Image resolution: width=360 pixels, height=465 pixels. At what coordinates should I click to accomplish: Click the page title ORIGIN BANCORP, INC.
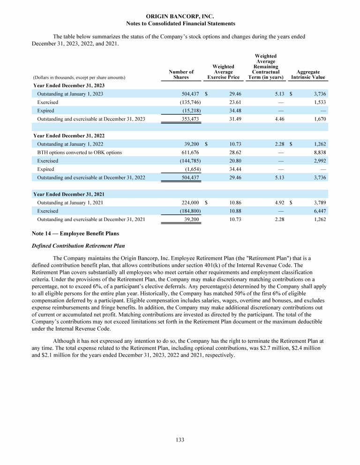click(180, 16)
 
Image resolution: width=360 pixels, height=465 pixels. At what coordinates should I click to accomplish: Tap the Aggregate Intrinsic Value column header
click(308, 74)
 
